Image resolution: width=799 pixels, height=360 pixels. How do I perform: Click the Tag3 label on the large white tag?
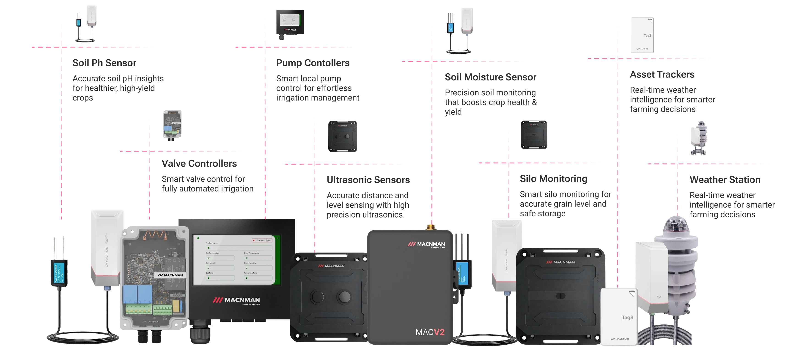click(627, 318)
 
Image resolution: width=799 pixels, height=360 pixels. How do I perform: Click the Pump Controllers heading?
click(313, 64)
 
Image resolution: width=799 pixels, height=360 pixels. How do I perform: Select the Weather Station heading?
click(725, 179)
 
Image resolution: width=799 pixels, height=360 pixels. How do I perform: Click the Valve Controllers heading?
click(200, 163)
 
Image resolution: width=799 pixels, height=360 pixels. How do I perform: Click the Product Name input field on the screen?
click(239, 248)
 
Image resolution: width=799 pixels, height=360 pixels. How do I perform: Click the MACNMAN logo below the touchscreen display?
click(236, 300)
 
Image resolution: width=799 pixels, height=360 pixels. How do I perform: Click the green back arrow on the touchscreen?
click(198, 238)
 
